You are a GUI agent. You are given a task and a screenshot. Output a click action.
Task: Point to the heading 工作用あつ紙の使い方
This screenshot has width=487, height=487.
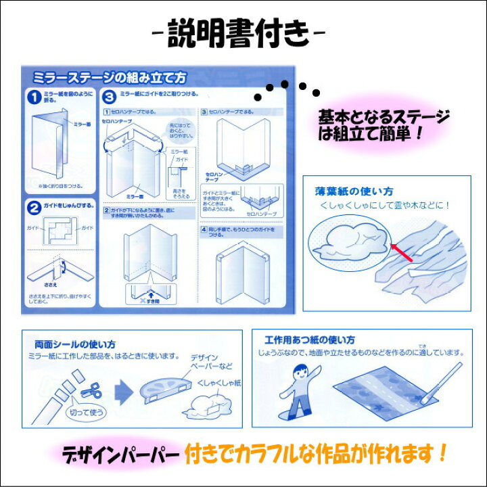pyautogui.click(x=310, y=340)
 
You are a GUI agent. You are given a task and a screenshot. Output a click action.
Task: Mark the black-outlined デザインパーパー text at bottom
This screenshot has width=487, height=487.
pyautogui.click(x=122, y=451)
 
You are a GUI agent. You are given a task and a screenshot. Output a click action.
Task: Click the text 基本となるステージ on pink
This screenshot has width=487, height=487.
pyautogui.click(x=384, y=116)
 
